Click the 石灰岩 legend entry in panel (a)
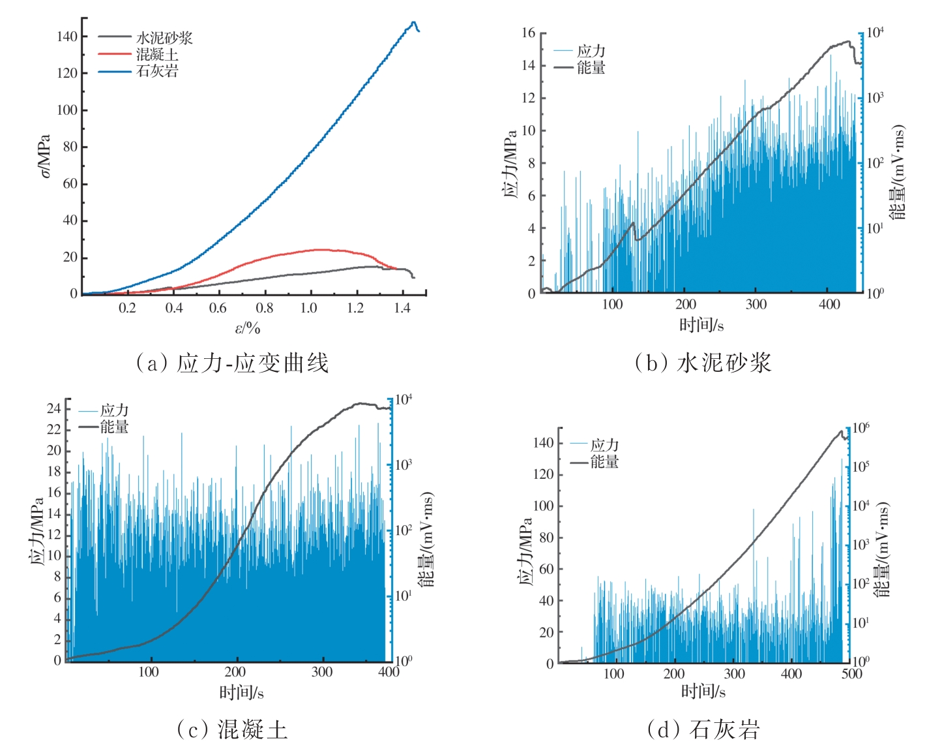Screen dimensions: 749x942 pos(156,71)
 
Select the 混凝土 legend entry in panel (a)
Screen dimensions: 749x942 pos(156,54)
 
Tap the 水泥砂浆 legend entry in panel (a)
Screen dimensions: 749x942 pos(164,38)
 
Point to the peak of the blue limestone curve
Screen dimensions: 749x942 pos(413,23)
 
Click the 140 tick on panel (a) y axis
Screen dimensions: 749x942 pos(67,37)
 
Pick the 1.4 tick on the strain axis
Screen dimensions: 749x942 pos(402,307)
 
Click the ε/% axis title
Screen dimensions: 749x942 pos(247,328)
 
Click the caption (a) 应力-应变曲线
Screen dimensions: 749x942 pos(232,363)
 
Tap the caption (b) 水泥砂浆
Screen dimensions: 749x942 pos(703,363)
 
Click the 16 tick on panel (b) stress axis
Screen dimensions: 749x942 pos(528,33)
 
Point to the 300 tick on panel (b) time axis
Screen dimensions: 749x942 pos(756,304)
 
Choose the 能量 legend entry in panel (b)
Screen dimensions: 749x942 pos(591,67)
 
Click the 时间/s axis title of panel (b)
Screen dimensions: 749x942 pos(701,324)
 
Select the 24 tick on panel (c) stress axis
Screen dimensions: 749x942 pos(53,409)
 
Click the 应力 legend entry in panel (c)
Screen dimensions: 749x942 pos(114,410)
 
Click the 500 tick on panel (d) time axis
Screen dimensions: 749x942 pos(851,674)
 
